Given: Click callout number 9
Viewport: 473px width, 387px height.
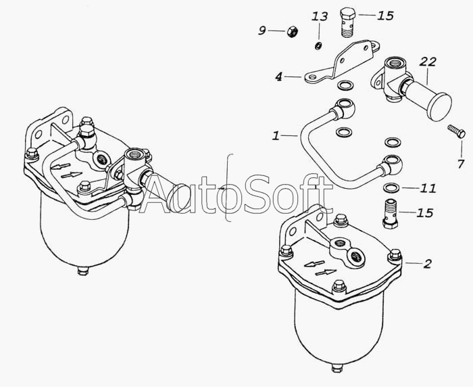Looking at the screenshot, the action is tap(262, 30).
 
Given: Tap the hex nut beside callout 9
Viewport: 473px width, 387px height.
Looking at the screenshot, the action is tap(292, 31).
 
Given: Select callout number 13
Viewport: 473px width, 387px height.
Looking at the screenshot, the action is tap(320, 16).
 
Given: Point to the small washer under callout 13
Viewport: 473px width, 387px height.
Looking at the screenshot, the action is tap(318, 46).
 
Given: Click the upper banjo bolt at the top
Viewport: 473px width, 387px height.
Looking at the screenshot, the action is tap(348, 22).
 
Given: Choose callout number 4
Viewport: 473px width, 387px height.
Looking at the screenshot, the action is tap(278, 76).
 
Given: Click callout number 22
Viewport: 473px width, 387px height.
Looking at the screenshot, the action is tap(428, 62).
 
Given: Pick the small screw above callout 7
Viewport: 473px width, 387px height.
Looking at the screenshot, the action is tap(456, 131).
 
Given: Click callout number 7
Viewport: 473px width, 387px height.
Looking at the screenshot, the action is tap(460, 164).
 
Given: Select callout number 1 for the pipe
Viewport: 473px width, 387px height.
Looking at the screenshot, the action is tap(276, 136).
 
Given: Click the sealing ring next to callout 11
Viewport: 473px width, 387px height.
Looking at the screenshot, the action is tap(391, 187).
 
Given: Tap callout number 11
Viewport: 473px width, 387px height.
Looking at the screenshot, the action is tap(428, 188).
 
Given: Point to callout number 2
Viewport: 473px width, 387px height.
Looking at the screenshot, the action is tap(428, 264).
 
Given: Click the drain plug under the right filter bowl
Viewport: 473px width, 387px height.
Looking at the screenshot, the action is tap(337, 368).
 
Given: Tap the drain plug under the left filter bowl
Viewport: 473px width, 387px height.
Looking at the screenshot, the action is tap(82, 271).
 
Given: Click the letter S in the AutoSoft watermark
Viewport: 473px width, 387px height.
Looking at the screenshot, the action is tap(260, 194).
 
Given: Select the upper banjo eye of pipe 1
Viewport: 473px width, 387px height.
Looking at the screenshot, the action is tap(345, 108).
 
